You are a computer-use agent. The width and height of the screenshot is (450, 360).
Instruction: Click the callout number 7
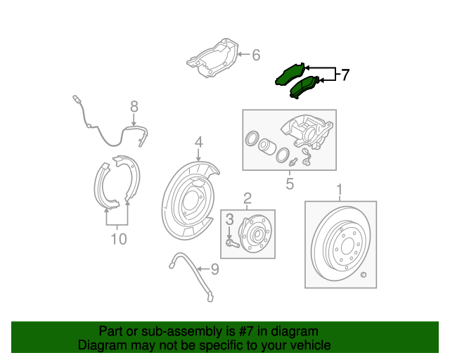[345, 75]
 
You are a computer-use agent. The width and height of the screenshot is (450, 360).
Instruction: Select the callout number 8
[134, 107]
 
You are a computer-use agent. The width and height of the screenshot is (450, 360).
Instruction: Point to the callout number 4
[199, 142]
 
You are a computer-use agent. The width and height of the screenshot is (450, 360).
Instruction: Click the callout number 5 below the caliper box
[289, 185]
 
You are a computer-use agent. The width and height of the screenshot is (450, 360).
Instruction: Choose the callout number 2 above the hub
[247, 198]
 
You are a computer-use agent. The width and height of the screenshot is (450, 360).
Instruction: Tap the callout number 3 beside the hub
[229, 221]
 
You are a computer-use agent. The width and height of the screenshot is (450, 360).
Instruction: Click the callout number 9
[215, 269]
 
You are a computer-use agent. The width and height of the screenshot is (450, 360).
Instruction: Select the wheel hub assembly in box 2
[253, 231]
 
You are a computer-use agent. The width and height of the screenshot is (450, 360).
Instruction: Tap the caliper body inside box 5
[306, 133]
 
